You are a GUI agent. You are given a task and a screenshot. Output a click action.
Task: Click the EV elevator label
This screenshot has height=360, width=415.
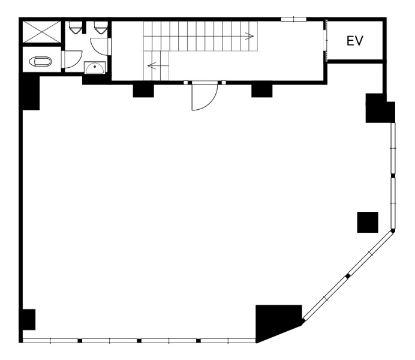click(x=355, y=41)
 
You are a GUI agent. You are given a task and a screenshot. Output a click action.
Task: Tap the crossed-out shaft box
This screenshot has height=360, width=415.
click(x=42, y=32)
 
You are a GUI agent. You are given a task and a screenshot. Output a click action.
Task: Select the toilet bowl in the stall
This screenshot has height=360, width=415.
click(x=40, y=62)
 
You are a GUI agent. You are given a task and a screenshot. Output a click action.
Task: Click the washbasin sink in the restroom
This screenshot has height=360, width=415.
click(x=95, y=68)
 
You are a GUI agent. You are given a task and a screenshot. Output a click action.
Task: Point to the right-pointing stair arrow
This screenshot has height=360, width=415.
click(x=249, y=36)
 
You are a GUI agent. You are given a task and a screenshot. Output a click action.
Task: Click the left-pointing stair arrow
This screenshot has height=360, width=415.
click(x=152, y=65)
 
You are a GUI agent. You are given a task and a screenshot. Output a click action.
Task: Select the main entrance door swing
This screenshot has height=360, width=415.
click(x=205, y=96)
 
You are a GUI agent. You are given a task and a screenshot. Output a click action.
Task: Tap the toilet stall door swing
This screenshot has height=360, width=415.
click(x=73, y=59)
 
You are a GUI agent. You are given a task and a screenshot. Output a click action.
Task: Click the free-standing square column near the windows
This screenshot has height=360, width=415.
click(x=368, y=223)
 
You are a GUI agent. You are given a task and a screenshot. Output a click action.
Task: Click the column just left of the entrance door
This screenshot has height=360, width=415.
click(x=143, y=91)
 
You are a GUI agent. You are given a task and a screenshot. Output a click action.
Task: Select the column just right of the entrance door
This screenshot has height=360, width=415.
click(x=261, y=91)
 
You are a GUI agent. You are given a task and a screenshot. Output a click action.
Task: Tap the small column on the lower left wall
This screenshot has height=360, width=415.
click(x=28, y=319)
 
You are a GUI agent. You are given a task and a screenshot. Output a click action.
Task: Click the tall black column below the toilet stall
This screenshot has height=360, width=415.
click(x=31, y=92)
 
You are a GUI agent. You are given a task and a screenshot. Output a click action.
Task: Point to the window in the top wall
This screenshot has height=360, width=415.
click(x=293, y=19)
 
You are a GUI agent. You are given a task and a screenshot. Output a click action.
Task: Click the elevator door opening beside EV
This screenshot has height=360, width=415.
click(x=326, y=40)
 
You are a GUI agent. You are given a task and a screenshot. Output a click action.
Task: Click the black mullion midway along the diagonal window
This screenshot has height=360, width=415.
click(x=348, y=276)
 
